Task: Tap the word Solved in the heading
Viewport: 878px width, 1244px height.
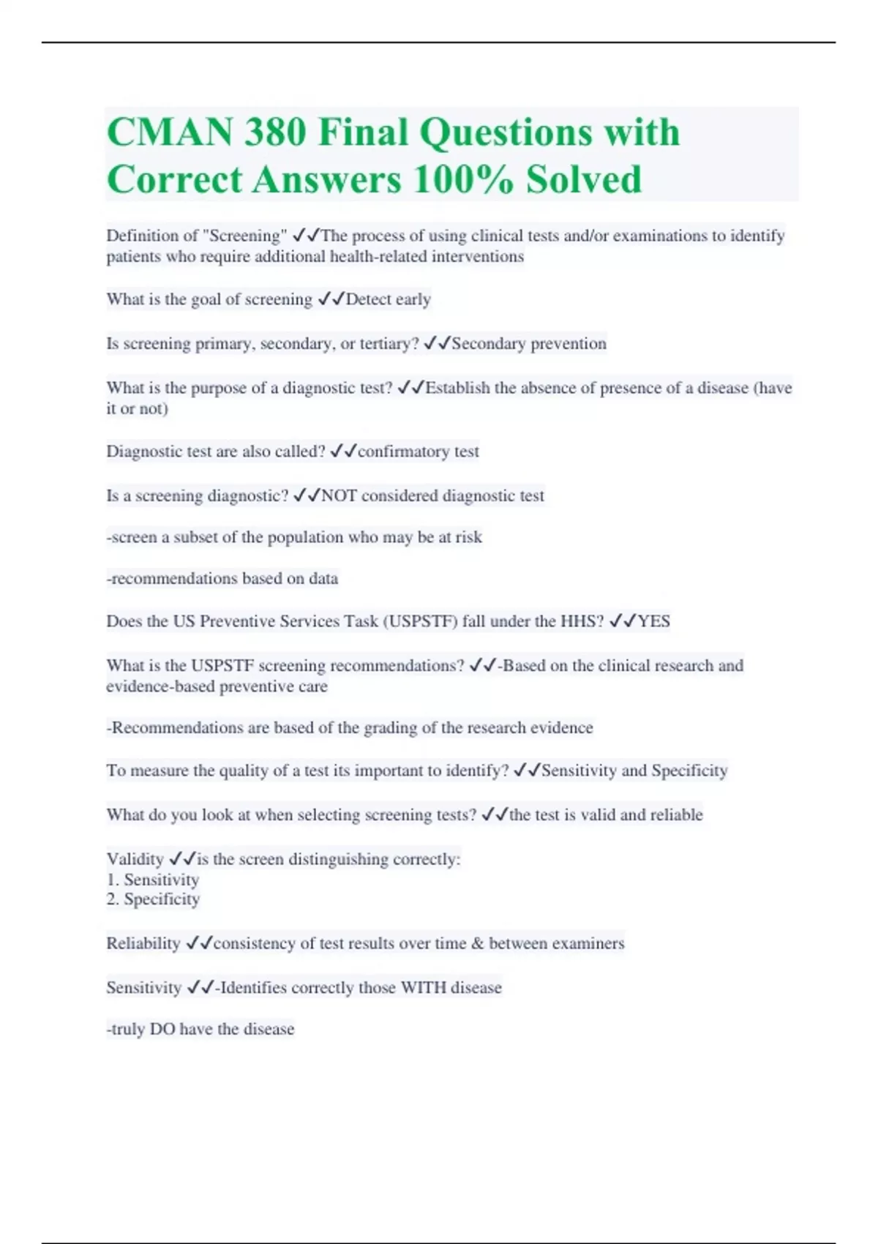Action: (583, 180)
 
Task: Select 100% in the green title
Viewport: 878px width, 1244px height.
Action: (462, 180)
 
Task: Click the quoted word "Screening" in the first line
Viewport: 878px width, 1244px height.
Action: (244, 236)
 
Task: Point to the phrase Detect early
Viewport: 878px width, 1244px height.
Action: (388, 299)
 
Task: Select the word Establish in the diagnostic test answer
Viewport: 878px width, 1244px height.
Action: (457, 388)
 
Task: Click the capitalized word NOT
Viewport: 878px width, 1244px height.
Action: (339, 496)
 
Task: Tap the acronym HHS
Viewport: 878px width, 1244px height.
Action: (582, 621)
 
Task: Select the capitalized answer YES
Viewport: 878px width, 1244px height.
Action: (653, 621)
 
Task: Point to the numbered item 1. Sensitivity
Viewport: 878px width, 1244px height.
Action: (153, 880)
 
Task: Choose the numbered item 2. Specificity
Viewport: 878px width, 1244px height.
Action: (153, 899)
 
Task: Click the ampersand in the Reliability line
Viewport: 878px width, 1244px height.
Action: (477, 943)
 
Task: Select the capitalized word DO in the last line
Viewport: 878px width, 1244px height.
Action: (162, 1029)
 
